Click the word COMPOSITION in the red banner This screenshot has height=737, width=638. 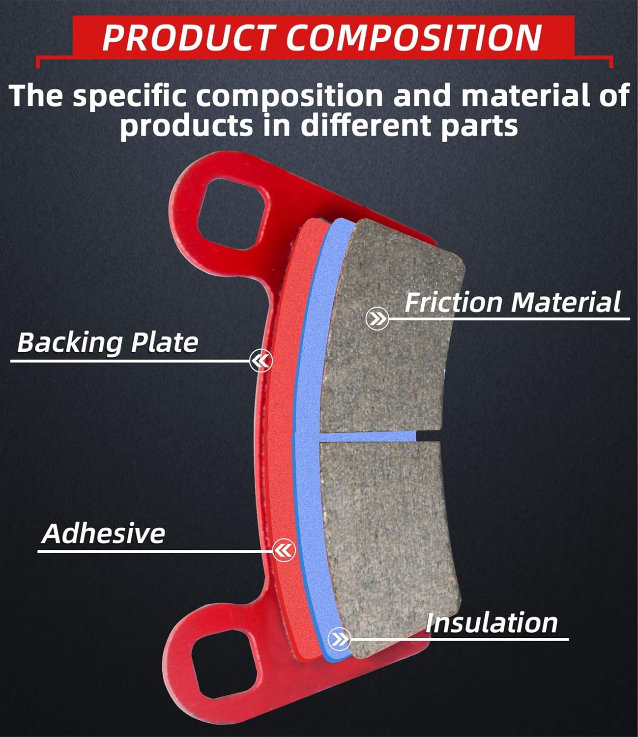coord(414,37)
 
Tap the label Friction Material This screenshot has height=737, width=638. coord(512,302)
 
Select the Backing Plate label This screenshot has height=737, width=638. coord(107,342)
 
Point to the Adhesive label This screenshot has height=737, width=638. coord(103,534)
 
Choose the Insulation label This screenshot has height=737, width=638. coord(492,623)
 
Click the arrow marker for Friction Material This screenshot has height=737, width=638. coord(377,319)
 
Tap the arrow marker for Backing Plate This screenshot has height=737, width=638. coord(261,362)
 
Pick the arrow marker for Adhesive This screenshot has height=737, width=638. coord(284,550)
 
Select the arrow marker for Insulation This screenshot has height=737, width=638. coord(339,639)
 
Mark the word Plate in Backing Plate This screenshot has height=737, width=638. coord(165,342)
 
